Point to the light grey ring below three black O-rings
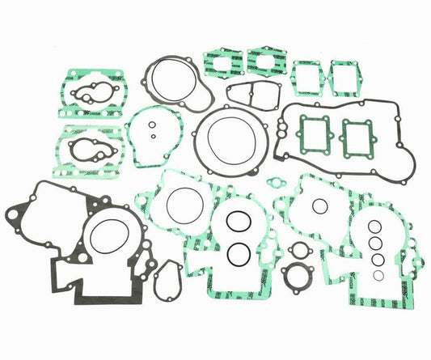(378, 275)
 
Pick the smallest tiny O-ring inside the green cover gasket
(152, 136)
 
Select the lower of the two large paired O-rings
(239, 254)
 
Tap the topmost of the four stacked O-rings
(374, 226)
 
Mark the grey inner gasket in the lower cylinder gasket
(85, 148)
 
